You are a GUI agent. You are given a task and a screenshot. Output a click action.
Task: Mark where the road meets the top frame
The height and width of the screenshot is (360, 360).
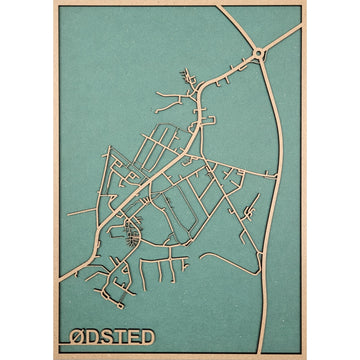click(x=221, y=7)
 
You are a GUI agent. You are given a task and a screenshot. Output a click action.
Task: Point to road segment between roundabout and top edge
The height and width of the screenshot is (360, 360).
click(x=241, y=28)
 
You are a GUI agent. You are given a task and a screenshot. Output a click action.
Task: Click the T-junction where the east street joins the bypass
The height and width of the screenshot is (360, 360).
click(x=276, y=174)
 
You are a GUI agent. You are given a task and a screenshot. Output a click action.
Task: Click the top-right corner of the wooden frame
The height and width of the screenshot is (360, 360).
click(x=305, y=3)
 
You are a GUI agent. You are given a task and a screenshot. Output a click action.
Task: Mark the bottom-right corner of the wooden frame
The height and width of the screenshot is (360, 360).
click(x=305, y=357)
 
